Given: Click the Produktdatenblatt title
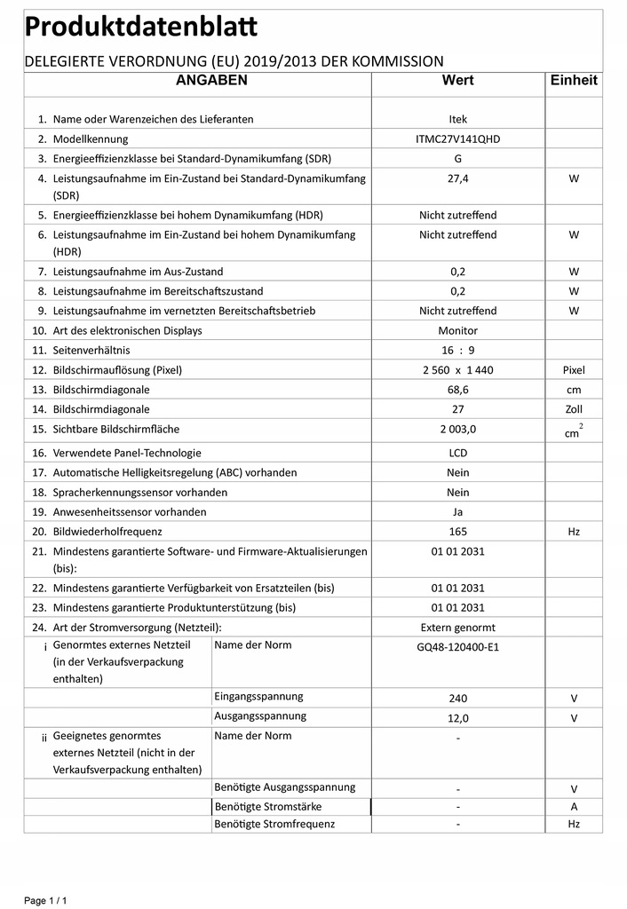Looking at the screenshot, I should [141, 28].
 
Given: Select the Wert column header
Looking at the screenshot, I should [457, 81].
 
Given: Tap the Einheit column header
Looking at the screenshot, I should [574, 81].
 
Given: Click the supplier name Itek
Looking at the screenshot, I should [457, 120].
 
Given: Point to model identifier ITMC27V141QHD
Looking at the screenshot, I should [457, 139].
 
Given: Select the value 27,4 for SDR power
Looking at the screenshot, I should [457, 178].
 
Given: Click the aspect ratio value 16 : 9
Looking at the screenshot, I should [457, 351].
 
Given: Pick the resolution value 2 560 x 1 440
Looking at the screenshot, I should [457, 370].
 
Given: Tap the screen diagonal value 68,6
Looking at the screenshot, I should [457, 390].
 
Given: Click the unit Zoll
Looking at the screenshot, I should [574, 409].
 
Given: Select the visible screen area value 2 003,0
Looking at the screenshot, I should [457, 430].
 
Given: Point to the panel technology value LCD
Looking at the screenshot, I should [457, 453].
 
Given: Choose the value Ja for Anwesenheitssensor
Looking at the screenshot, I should [457, 512].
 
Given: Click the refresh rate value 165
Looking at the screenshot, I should [457, 532].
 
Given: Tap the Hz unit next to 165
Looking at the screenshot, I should [574, 532].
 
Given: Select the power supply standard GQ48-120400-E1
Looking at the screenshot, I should [457, 647].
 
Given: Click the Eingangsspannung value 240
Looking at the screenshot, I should [457, 699].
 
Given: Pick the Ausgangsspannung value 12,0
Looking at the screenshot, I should [457, 718].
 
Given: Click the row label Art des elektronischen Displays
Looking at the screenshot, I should [128, 331].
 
